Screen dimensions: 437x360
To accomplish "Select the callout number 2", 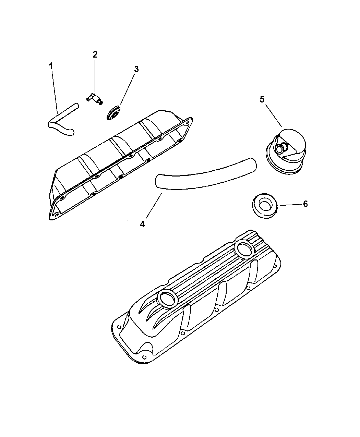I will [95, 54].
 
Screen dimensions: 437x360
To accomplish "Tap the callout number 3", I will [136, 69].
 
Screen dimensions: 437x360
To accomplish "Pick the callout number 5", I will [262, 99].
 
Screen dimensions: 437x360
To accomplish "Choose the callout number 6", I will [305, 204].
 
